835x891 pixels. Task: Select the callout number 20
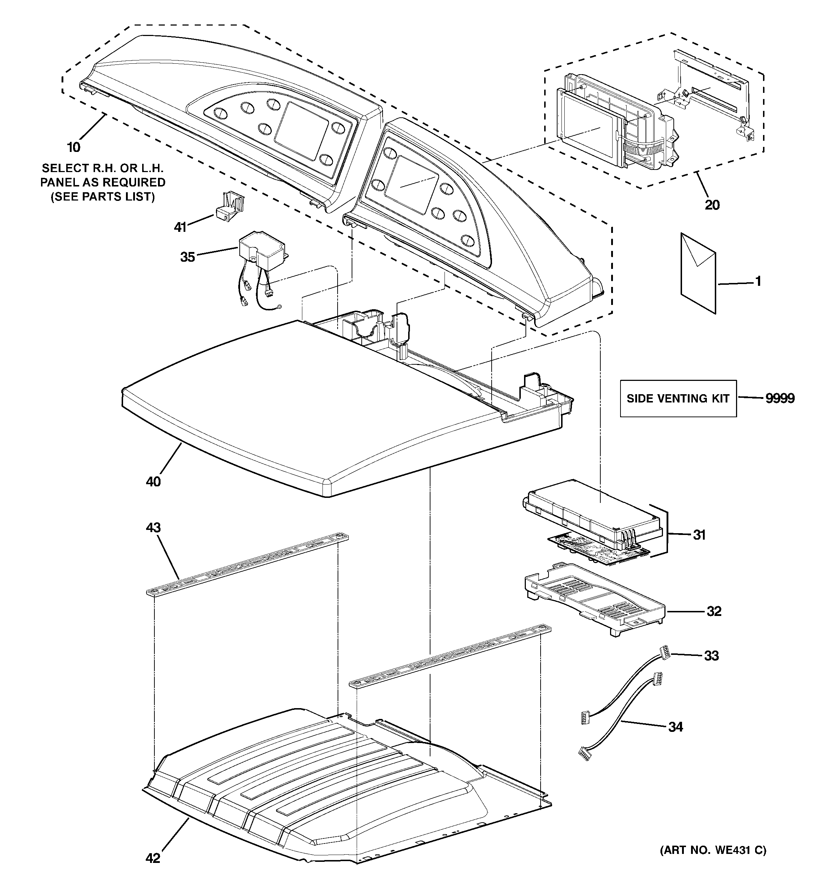(712, 205)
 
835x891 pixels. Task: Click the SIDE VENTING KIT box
(678, 399)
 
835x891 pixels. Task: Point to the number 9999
(780, 399)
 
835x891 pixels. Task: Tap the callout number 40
(153, 481)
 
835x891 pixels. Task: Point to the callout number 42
(153, 858)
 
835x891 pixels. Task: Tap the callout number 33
(711, 656)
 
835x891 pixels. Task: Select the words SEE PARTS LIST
(103, 197)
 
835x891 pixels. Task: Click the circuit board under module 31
(596, 548)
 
